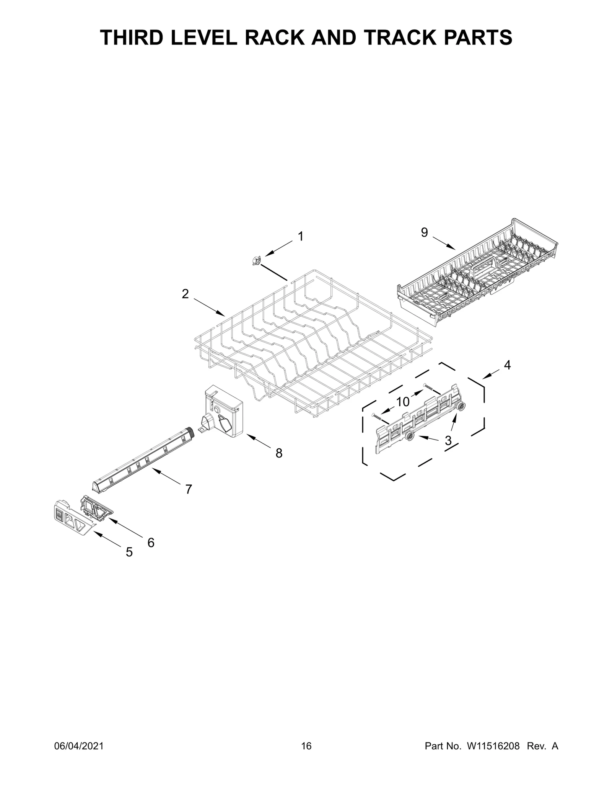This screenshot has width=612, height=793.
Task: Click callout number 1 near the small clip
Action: coord(301,237)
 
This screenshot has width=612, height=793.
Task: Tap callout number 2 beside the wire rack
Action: coord(185,294)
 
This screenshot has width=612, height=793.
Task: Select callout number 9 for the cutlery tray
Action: coord(424,232)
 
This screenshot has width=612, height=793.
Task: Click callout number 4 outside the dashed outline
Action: coord(507,365)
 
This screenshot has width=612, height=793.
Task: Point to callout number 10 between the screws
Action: coord(402,402)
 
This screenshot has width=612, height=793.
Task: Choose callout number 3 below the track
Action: coord(448,441)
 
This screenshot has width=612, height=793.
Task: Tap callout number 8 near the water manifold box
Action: coord(279,453)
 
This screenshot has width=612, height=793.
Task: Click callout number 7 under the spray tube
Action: coord(188,489)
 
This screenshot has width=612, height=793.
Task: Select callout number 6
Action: coord(151,542)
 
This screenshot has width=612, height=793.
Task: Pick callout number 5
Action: coord(129,552)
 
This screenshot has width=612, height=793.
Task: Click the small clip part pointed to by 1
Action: coord(256,261)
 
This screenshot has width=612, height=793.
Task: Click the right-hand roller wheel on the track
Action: coord(462,407)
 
